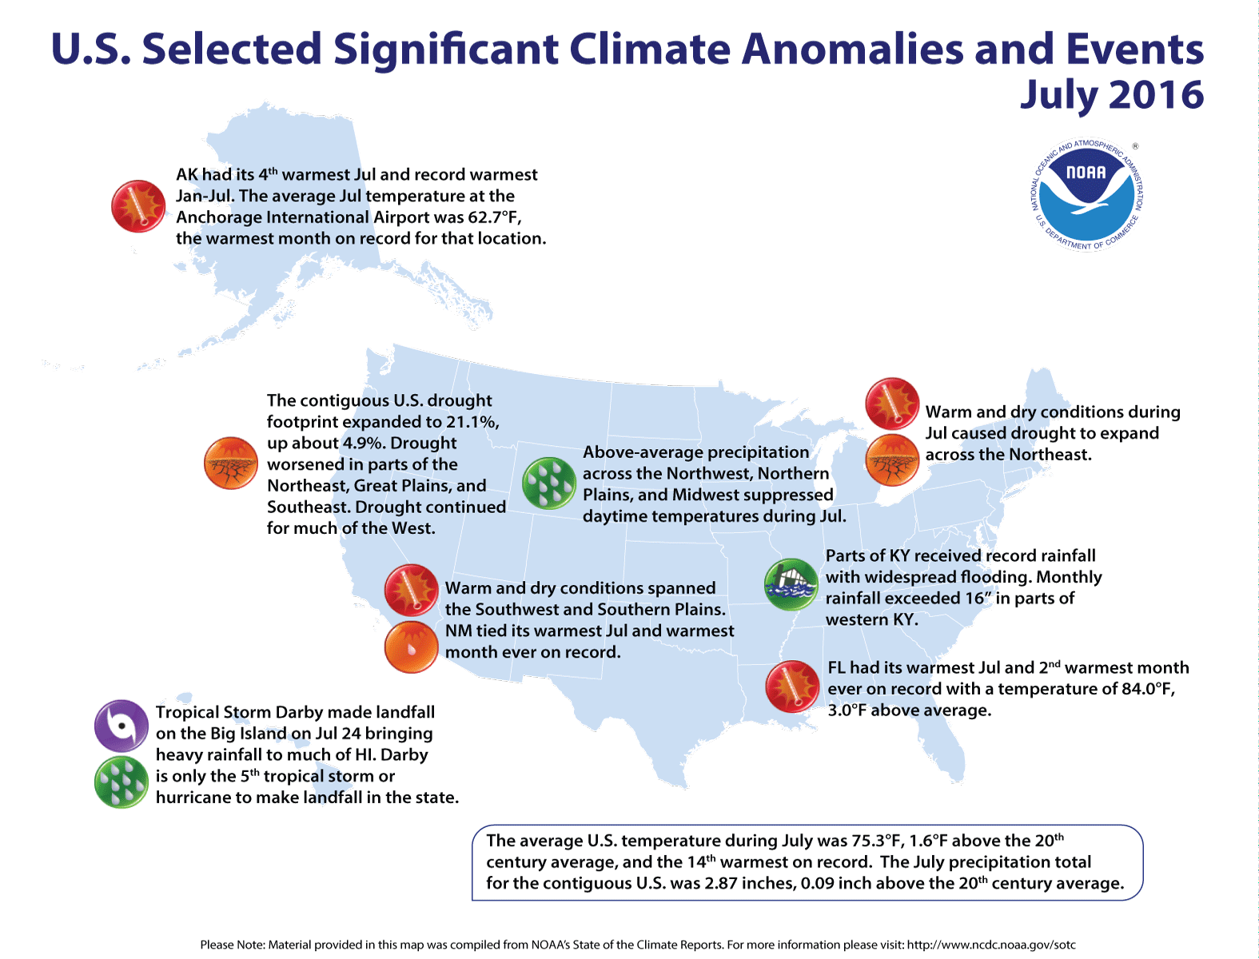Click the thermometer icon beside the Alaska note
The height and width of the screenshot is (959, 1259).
click(x=138, y=206)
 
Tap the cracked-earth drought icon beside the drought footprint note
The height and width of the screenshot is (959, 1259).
click(x=230, y=464)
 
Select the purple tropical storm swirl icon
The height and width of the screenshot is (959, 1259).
click(x=121, y=726)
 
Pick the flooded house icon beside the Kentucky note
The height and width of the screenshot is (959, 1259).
click(x=791, y=584)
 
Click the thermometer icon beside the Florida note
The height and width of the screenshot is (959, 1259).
click(x=792, y=686)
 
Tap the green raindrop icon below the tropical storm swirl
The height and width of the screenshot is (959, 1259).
click(x=121, y=782)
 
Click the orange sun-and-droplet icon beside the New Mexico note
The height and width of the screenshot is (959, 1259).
click(x=411, y=647)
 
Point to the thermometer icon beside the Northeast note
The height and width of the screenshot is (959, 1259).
click(x=891, y=404)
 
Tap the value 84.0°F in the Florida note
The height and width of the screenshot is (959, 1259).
click(x=1148, y=689)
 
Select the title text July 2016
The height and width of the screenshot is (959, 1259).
click(x=1111, y=95)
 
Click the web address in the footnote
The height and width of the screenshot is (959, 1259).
click(x=991, y=945)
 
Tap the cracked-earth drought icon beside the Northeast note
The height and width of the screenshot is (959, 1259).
click(x=891, y=461)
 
